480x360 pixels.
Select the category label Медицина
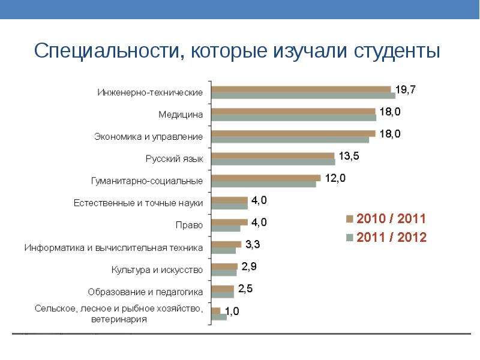pyautogui.click(x=181, y=115)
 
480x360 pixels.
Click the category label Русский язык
pyautogui.click(x=175, y=159)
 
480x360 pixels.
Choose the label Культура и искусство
pyautogui.click(x=157, y=270)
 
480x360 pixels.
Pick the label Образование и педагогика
pyautogui.click(x=146, y=292)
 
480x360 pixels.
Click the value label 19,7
pyautogui.click(x=405, y=90)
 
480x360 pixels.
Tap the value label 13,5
pyautogui.click(x=349, y=156)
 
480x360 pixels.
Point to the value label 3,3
pyautogui.click(x=252, y=244)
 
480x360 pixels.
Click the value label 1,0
pyautogui.click(x=232, y=311)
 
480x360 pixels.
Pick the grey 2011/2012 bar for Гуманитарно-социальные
pyautogui.click(x=264, y=184)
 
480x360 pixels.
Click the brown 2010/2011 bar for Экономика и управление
pyautogui.click(x=293, y=133)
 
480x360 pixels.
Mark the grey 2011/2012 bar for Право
pyautogui.click(x=226, y=229)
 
